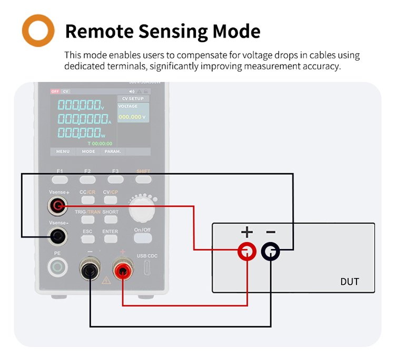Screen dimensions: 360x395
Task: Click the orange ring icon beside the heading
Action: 38,31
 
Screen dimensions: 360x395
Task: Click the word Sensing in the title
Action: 173,31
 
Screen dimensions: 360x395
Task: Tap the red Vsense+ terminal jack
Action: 57,206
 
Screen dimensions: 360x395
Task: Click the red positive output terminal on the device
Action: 122,271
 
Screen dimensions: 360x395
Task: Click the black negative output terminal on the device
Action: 90,271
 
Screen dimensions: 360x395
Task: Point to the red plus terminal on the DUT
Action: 246,252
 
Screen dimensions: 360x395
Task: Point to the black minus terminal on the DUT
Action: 271,252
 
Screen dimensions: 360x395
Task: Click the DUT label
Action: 349,282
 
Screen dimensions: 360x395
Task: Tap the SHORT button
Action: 111,218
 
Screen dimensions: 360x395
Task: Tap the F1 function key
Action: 60,179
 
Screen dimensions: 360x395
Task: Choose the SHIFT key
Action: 143,179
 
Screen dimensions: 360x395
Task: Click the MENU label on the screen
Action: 63,152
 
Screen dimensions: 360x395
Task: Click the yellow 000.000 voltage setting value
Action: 130,117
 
